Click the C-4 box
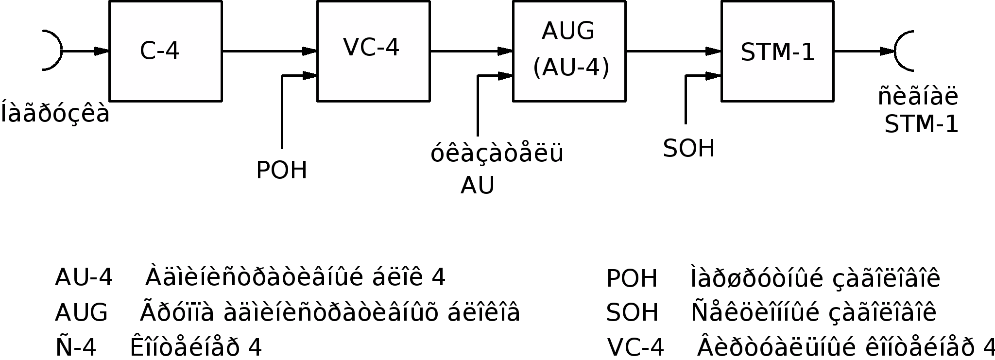(x=166, y=51)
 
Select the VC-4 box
(x=373, y=51)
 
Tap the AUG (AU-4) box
(x=569, y=51)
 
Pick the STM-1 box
(x=777, y=51)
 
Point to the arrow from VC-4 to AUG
(x=471, y=51)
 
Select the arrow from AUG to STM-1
(x=673, y=51)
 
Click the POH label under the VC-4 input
(x=282, y=171)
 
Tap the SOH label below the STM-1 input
(x=689, y=149)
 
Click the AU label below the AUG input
(x=478, y=186)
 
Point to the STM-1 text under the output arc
(x=921, y=125)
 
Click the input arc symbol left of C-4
(x=54, y=51)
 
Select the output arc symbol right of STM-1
(x=903, y=51)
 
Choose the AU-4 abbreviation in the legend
(x=84, y=278)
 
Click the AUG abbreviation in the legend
(x=81, y=312)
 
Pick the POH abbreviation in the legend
(x=632, y=279)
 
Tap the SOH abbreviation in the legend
(x=632, y=312)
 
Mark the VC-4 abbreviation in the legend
(x=635, y=347)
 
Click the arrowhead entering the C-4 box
(x=102, y=51)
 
